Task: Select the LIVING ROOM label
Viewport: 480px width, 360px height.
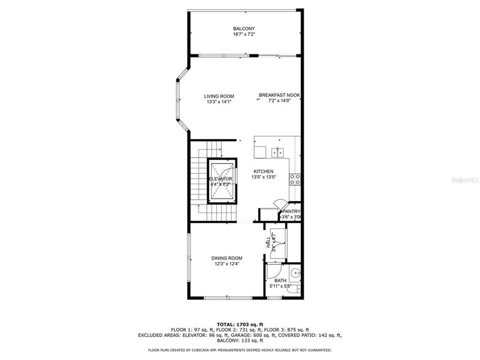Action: [218, 96]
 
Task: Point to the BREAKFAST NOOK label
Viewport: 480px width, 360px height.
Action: [279, 94]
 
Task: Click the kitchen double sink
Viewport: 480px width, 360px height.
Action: [277, 152]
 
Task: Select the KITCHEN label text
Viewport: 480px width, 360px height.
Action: [263, 171]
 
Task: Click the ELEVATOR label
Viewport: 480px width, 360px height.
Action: [220, 178]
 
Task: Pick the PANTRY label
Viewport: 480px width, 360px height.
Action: [291, 211]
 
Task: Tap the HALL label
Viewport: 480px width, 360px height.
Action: [268, 242]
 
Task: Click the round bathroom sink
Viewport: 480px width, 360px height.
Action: [295, 273]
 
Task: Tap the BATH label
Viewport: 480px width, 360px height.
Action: [280, 280]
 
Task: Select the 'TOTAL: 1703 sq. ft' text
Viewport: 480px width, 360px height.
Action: [240, 324]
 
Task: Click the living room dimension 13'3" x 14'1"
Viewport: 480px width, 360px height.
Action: [218, 102]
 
